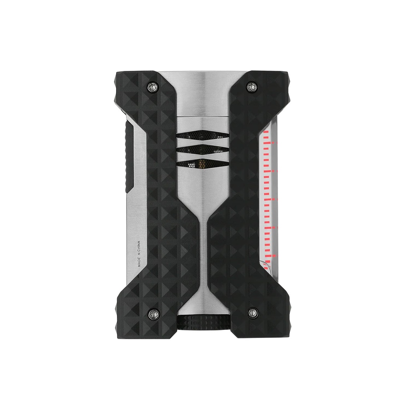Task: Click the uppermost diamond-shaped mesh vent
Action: click(x=203, y=136)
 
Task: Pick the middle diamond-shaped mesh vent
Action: click(x=203, y=149)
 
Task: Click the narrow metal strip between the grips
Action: click(x=203, y=248)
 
